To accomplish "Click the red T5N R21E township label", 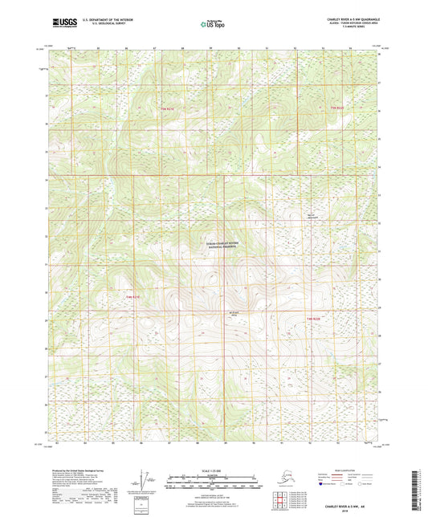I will coord(166,107).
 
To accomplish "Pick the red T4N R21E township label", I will coord(132,296).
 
